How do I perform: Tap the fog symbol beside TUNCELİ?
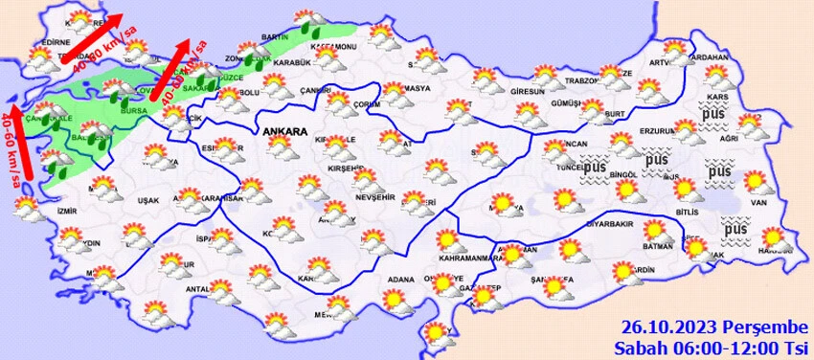(x=596, y=167)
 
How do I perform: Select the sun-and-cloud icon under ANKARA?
(x=281, y=149)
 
